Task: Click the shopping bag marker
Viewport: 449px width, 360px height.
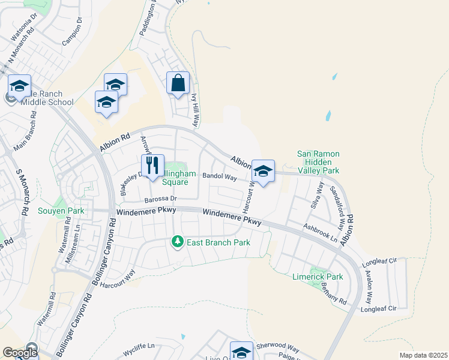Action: click(178, 84)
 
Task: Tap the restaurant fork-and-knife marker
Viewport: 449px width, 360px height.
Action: click(152, 166)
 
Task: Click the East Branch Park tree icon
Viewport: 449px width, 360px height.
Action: click(177, 242)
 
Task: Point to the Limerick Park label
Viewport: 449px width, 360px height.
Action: click(318, 277)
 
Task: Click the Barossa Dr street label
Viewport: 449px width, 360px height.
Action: click(161, 199)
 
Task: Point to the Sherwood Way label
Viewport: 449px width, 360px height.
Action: click(277, 347)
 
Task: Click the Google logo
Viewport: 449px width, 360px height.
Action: click(19, 353)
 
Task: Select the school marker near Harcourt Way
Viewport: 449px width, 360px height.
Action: click(263, 172)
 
